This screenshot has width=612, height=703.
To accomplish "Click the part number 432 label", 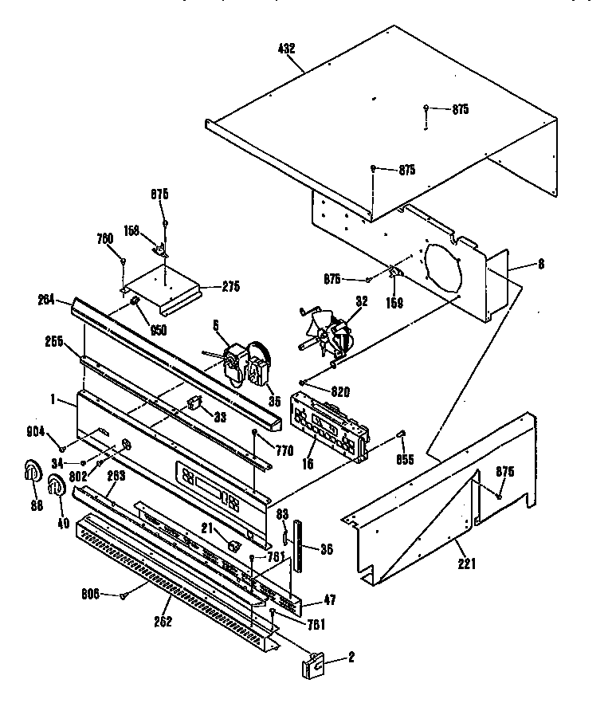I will [287, 49].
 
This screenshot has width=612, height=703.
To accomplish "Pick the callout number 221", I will [466, 565].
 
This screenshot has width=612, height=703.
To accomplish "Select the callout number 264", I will [46, 299].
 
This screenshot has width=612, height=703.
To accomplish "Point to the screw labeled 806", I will [124, 594].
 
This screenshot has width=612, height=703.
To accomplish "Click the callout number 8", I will [542, 265].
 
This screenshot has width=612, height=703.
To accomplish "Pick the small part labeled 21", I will [233, 546].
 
